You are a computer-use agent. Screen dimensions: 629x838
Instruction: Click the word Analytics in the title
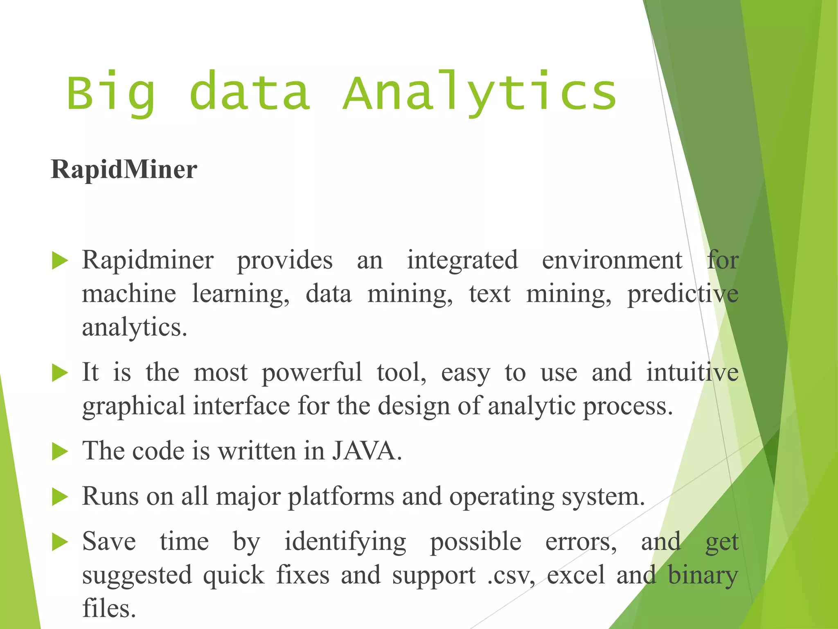click(x=480, y=93)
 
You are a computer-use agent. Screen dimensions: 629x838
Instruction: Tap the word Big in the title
click(x=111, y=93)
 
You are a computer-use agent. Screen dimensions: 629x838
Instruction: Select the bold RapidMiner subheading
click(x=124, y=170)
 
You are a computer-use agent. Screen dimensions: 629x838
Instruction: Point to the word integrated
click(x=462, y=260)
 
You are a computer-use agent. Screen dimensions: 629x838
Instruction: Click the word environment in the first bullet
click(x=612, y=260)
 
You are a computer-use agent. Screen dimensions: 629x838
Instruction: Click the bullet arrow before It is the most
click(x=60, y=373)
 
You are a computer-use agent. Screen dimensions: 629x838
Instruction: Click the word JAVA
click(x=366, y=451)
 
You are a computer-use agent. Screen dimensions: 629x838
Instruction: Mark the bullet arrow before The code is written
click(x=60, y=452)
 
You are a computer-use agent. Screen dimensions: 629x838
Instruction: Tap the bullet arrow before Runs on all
click(x=60, y=497)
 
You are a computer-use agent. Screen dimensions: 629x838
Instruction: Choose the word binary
click(x=703, y=575)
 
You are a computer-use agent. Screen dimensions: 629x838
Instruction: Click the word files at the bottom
click(x=109, y=608)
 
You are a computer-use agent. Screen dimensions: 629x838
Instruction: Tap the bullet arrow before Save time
click(x=60, y=542)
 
